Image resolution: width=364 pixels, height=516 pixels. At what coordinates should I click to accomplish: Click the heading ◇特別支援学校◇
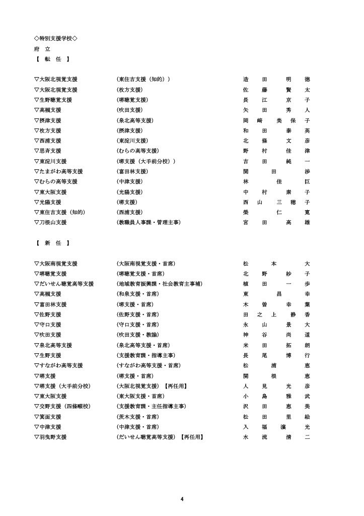click(55, 38)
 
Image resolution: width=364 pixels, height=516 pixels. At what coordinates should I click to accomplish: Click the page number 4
click(182, 499)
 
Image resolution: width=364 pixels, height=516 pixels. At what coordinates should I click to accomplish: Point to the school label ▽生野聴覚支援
click(55, 100)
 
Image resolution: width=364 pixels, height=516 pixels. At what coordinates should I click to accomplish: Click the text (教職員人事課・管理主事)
click(148, 222)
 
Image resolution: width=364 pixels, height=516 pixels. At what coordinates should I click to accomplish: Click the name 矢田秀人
click(276, 110)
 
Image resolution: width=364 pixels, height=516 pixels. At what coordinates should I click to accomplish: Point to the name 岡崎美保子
click(276, 120)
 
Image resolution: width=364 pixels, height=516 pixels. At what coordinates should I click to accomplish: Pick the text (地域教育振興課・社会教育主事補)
click(159, 284)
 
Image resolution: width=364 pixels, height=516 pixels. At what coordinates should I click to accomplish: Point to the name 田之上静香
click(276, 314)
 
